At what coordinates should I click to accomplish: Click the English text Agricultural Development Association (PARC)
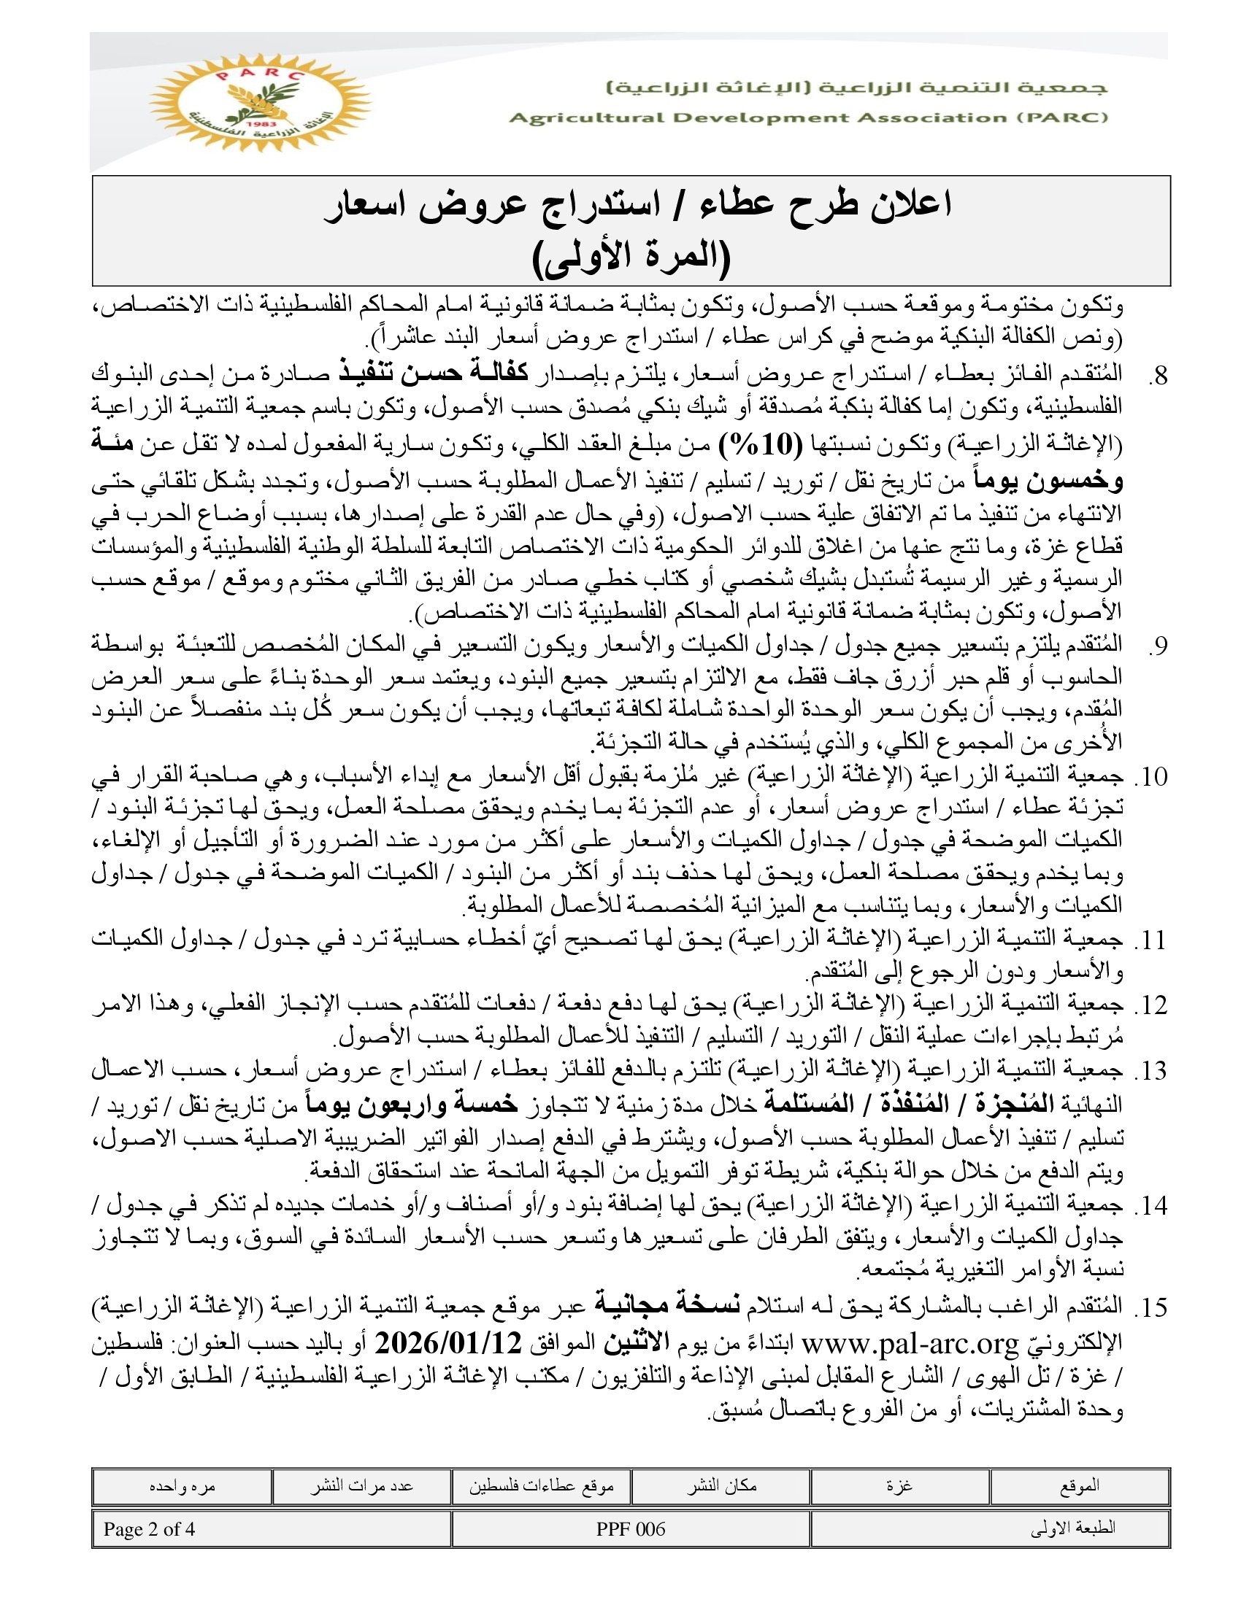point(808,118)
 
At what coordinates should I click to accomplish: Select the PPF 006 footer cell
point(631,1529)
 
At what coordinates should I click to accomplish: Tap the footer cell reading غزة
point(900,1486)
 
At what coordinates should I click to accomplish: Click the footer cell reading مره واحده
point(182,1486)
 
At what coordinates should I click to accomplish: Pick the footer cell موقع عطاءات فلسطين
point(541,1486)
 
